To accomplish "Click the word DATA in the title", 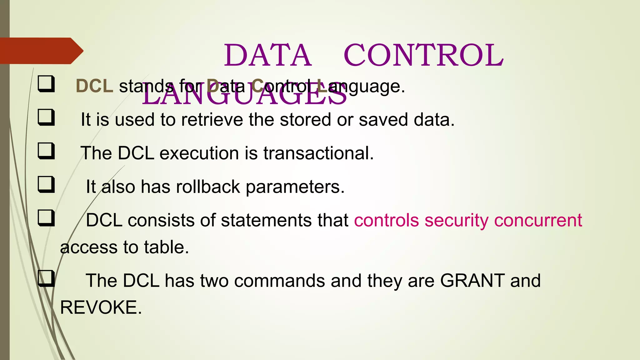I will pos(267,55).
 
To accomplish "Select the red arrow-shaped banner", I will pos(41,51).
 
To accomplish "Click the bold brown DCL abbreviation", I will pos(94,86).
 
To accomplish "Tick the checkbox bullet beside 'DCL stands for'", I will pos(46,84).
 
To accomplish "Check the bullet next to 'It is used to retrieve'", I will pos(46,117).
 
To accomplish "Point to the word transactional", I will pos(318,153).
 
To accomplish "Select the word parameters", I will pos(295,187).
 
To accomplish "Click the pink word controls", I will pos(386,220).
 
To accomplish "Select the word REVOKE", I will pos(101,307).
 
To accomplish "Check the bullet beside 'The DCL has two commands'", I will pos(46,278).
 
